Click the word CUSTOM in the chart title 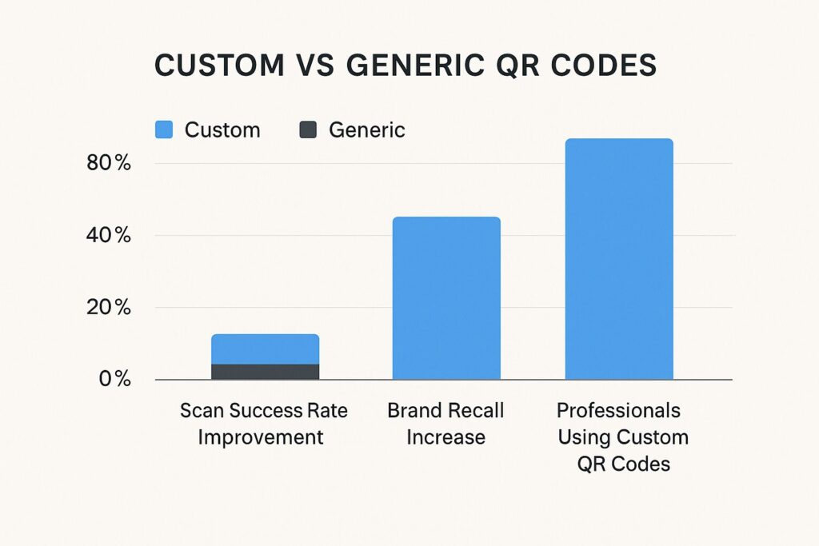click(219, 66)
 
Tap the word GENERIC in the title click(415, 66)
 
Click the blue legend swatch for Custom click(164, 130)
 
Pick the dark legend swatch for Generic click(308, 130)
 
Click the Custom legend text click(222, 130)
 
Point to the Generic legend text click(366, 130)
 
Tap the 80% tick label click(109, 163)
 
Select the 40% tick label click(109, 235)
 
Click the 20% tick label click(109, 308)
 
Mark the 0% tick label click(115, 379)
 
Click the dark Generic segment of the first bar click(266, 372)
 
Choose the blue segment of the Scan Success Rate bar click(266, 349)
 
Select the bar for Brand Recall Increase click(446, 298)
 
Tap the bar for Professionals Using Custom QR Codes click(620, 259)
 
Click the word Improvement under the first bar click(261, 437)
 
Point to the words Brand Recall click(445, 410)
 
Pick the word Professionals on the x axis click(618, 410)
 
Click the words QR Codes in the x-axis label click(624, 464)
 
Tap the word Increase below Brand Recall click(446, 437)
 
